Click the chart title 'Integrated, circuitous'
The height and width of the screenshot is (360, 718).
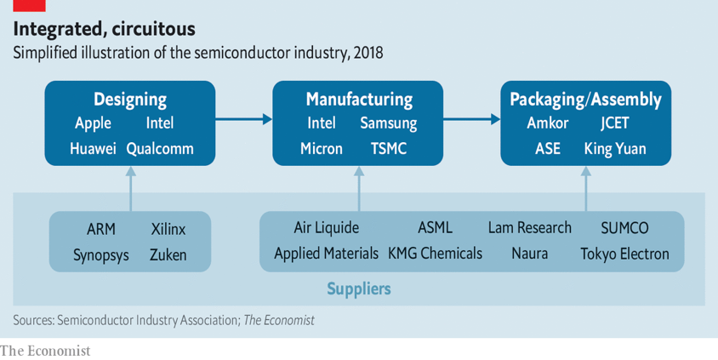(x=104, y=29)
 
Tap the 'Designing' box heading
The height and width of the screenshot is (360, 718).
(x=129, y=100)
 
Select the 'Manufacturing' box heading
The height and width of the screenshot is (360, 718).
(x=358, y=100)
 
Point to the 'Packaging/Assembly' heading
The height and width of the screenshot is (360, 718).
(x=585, y=100)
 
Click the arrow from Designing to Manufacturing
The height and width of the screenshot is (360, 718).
(x=243, y=120)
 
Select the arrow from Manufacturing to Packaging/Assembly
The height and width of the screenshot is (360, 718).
(x=471, y=120)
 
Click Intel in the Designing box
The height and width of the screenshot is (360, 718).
(x=159, y=123)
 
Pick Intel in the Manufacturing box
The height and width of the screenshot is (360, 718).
(x=322, y=123)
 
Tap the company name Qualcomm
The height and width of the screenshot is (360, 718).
(x=160, y=149)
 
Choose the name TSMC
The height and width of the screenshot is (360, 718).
(x=389, y=149)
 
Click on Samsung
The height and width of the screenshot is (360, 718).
(x=389, y=123)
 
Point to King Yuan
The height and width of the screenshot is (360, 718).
(x=615, y=149)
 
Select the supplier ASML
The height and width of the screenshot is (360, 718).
(x=435, y=228)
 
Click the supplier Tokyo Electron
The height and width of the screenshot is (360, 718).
(x=624, y=254)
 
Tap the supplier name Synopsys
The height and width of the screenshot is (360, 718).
(x=101, y=254)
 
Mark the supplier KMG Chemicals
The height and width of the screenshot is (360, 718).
(x=435, y=254)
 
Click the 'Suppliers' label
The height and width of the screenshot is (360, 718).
(x=359, y=289)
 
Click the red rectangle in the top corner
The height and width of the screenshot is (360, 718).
(x=28, y=5)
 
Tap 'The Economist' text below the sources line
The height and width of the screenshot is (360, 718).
(x=45, y=350)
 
